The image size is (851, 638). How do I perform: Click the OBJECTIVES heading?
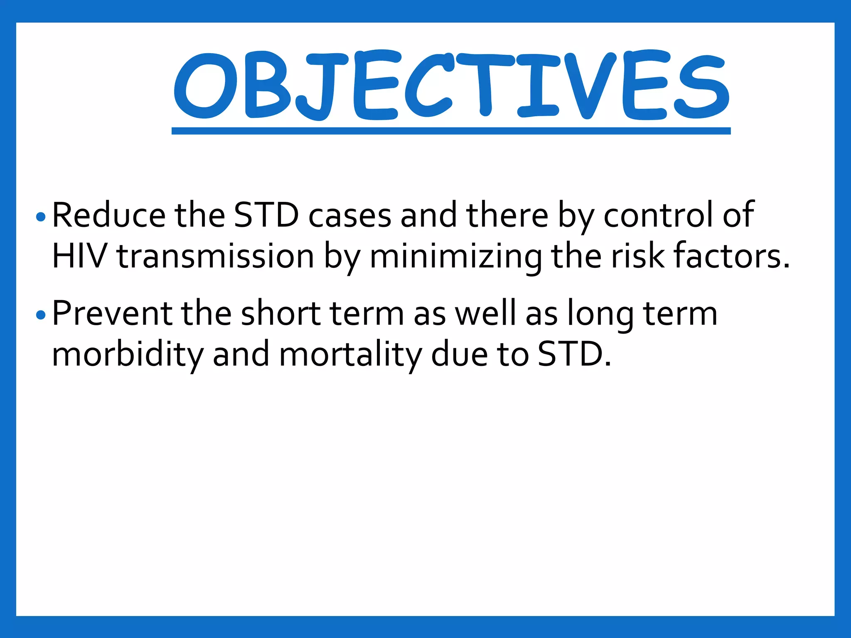pos(451,85)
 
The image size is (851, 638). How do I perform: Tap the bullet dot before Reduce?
pos(41,217)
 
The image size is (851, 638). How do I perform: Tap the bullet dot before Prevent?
pos(41,315)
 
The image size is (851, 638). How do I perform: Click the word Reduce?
pos(109,215)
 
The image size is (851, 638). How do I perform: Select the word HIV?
pos(79,256)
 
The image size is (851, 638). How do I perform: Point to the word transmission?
pos(215,257)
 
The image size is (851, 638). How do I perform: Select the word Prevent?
pos(112,313)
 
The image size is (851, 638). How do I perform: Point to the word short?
pos(281,313)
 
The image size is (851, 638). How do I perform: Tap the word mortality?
pos(350,355)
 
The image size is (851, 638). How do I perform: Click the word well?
pos(486,313)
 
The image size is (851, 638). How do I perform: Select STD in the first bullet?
pos(266,215)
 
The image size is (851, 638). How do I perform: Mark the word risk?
pos(637,256)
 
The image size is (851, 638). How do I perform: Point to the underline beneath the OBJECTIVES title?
pos(451,131)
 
